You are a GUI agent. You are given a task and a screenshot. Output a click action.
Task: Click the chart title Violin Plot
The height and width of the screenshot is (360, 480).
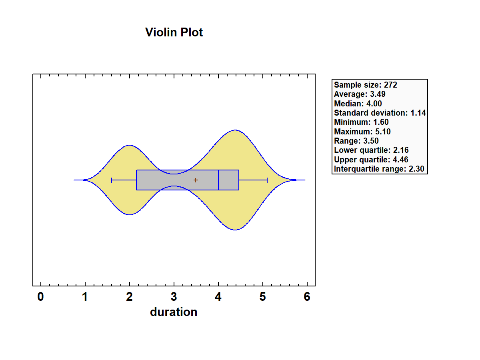(x=174, y=32)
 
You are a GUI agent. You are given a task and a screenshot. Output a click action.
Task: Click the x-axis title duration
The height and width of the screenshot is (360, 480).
(x=174, y=312)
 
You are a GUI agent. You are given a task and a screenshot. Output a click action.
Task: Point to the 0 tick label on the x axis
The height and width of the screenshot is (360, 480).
(x=41, y=297)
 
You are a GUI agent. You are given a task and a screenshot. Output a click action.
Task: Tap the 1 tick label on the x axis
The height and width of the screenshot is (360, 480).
(x=85, y=297)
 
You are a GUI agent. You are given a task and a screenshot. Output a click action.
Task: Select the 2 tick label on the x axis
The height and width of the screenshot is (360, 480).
(x=130, y=297)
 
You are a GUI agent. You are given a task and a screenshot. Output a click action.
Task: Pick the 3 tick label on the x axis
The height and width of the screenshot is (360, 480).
(x=174, y=297)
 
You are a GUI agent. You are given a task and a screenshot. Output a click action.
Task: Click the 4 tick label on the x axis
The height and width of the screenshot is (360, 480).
(x=218, y=297)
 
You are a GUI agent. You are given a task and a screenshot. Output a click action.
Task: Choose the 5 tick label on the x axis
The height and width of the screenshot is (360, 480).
(x=263, y=297)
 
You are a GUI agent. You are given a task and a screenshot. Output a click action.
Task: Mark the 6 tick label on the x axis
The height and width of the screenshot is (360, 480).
(x=307, y=297)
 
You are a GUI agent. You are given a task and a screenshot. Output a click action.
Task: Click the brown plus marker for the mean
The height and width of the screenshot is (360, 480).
(x=196, y=180)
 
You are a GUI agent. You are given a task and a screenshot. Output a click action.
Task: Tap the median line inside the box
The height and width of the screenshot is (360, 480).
(x=218, y=180)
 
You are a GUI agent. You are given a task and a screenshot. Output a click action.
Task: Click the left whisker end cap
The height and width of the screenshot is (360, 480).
(x=112, y=180)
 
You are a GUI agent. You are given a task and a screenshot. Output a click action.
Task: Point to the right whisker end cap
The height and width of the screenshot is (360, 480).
(x=267, y=180)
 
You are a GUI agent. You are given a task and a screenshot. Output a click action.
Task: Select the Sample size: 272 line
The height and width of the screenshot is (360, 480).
(x=366, y=85)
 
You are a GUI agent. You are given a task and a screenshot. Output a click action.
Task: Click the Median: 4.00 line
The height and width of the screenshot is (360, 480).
(x=358, y=104)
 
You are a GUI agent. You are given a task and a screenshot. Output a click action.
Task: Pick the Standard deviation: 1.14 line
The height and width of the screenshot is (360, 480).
(x=380, y=113)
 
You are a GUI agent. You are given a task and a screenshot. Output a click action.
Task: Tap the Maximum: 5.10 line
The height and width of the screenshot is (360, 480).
(x=362, y=132)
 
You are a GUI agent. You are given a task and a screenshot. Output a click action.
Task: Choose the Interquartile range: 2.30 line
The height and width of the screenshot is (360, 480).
(x=380, y=169)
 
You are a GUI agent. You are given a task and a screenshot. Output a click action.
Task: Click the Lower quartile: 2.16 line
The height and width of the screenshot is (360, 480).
(x=371, y=150)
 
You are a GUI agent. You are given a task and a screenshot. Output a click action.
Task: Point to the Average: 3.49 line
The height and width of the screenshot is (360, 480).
(x=360, y=94)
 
